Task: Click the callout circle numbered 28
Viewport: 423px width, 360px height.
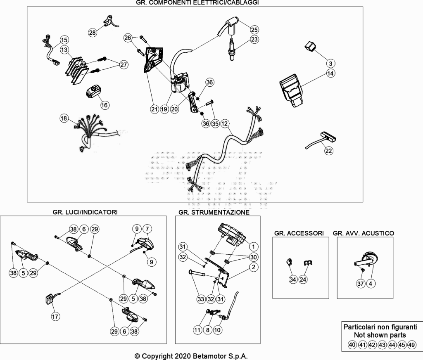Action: pyautogui.click(x=92, y=32)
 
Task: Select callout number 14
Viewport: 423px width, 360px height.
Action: pyautogui.click(x=330, y=73)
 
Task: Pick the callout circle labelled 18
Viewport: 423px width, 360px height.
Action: pyautogui.click(x=64, y=118)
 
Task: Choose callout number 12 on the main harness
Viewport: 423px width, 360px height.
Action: pyautogui.click(x=224, y=123)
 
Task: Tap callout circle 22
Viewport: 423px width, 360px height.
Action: pyautogui.click(x=328, y=150)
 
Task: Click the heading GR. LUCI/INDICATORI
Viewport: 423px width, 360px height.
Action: pyautogui.click(x=85, y=212)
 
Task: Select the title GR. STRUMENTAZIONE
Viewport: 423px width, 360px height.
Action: pyautogui.click(x=214, y=212)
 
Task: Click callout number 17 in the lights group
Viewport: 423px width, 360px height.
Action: pyautogui.click(x=55, y=316)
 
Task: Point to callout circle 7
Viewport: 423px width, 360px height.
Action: pyautogui.click(x=147, y=229)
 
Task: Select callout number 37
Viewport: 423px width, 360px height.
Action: pyautogui.click(x=361, y=283)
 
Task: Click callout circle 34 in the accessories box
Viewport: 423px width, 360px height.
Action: pyautogui.click(x=293, y=279)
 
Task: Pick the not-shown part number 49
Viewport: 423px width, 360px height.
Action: pyautogui.click(x=411, y=345)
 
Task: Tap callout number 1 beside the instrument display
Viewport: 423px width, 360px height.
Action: pyautogui.click(x=253, y=246)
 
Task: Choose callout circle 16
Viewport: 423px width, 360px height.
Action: pyautogui.click(x=105, y=105)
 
